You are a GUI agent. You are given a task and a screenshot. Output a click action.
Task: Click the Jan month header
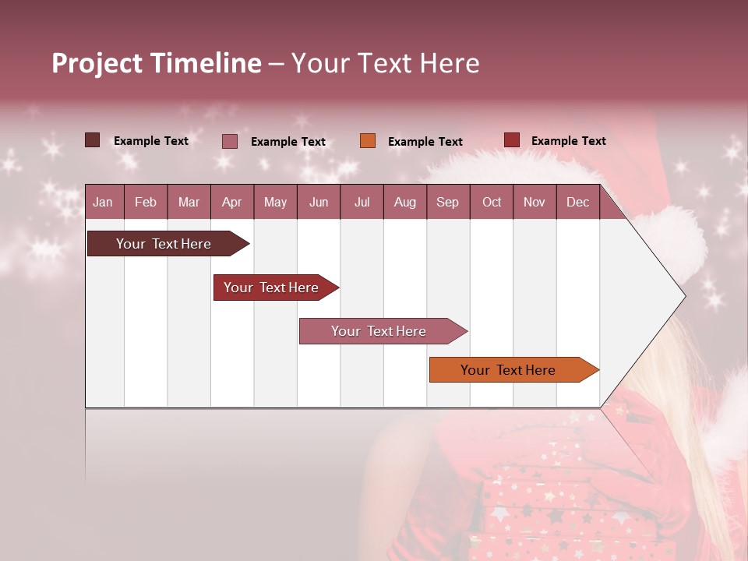click(x=103, y=203)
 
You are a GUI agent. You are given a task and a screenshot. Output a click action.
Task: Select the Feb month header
click(x=146, y=203)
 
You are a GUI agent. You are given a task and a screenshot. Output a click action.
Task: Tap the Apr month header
click(x=232, y=203)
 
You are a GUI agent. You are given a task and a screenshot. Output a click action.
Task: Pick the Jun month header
click(x=319, y=203)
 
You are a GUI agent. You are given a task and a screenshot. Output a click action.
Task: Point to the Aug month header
click(x=405, y=203)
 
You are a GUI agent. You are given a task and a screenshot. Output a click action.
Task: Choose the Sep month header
click(x=447, y=203)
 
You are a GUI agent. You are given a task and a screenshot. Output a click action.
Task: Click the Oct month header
click(x=492, y=203)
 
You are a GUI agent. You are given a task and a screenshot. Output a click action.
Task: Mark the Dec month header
click(x=577, y=203)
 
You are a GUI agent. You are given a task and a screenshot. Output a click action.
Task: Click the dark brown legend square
click(x=93, y=140)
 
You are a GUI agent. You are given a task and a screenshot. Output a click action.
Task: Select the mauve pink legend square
click(x=230, y=141)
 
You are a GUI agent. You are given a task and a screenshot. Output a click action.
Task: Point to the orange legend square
click(x=368, y=141)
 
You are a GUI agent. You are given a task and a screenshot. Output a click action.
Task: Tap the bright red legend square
click(x=512, y=140)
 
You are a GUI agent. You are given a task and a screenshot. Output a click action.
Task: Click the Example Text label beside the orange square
click(x=425, y=142)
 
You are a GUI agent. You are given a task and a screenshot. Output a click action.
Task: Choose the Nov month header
click(x=535, y=203)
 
